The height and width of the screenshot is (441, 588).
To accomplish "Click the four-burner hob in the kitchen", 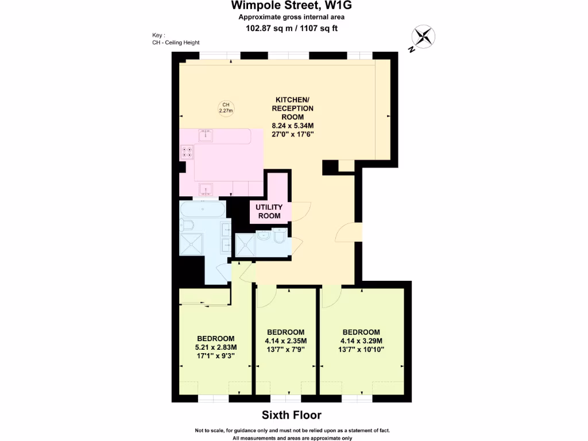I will click(188, 152).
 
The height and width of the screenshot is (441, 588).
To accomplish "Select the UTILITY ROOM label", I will click(269, 211).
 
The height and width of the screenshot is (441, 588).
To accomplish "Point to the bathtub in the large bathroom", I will click(202, 210).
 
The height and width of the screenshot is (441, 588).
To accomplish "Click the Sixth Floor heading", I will click(292, 415).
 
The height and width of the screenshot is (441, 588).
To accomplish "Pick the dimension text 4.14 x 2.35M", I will click(285, 341).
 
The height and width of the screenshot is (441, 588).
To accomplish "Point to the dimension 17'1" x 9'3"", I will click(216, 356).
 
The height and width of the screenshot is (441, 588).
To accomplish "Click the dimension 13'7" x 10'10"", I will click(361, 349).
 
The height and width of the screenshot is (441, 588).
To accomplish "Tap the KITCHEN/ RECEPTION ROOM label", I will click(292, 108).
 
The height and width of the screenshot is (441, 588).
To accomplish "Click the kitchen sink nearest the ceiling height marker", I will click(206, 135).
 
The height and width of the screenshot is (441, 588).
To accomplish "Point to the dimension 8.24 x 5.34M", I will click(292, 125).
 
